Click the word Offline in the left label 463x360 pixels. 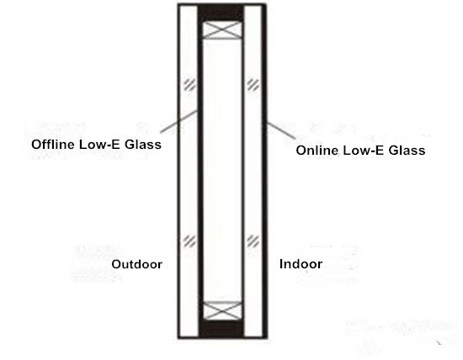[x=53, y=145]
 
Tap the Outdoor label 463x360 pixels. [x=136, y=264]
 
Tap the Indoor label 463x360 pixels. [x=301, y=264]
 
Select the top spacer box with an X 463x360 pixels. [x=221, y=29]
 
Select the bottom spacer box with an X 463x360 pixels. [x=222, y=310]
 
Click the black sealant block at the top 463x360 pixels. [x=221, y=13]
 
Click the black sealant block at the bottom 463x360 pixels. [x=221, y=328]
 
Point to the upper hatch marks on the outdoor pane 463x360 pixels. [x=189, y=85]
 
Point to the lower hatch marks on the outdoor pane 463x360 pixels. [x=189, y=241]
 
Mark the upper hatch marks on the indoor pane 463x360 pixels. [x=253, y=85]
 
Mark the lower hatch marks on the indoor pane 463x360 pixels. [x=253, y=241]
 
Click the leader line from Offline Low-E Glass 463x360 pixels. [x=179, y=121]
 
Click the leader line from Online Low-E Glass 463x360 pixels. [x=280, y=130]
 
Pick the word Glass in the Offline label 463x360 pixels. [x=143, y=145]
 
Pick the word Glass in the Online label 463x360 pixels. [x=407, y=151]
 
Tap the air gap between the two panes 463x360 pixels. [x=221, y=170]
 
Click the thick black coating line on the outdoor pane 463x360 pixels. [x=200, y=170]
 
